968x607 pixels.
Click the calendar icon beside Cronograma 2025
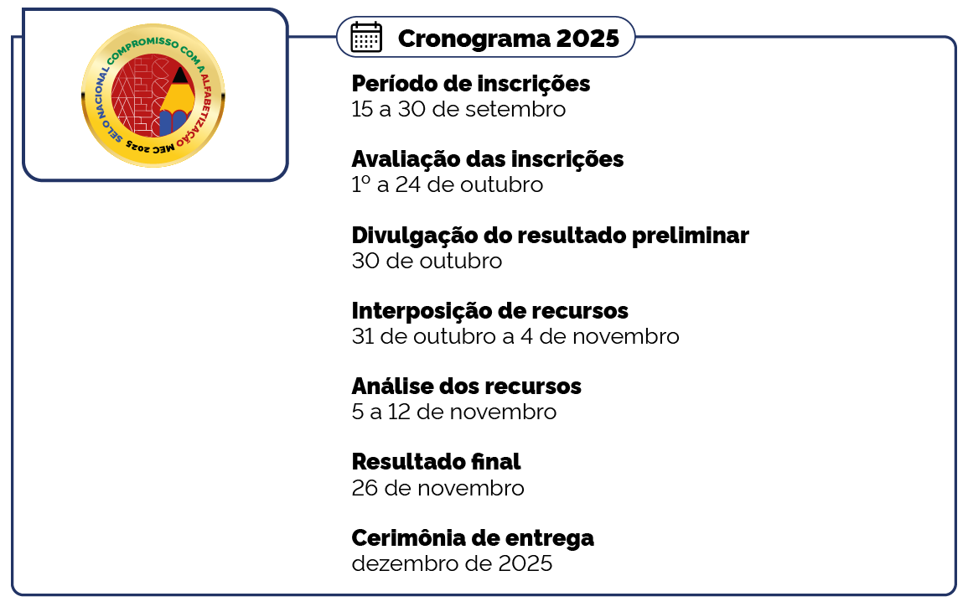[x=366, y=37]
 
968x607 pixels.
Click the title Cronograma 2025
[x=508, y=39]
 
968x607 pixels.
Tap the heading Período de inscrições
[x=470, y=83]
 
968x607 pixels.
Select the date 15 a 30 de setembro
[x=458, y=109]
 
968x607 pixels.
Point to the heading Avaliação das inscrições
[x=488, y=159]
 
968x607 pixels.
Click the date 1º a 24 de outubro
[x=448, y=184]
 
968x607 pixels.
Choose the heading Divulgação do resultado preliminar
[x=550, y=236]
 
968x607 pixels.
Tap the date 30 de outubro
[x=427, y=261]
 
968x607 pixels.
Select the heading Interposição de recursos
[x=489, y=310]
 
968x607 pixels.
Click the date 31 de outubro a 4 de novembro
[x=515, y=336]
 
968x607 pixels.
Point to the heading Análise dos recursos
[x=466, y=386]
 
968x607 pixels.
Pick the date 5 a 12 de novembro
[x=453, y=412]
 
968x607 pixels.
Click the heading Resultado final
[x=436, y=462]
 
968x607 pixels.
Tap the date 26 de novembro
[x=437, y=488]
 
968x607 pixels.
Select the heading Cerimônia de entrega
[x=473, y=538]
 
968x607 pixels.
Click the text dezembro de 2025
[x=452, y=563]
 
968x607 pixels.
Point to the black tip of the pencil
[x=179, y=75]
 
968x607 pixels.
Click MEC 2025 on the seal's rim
[x=150, y=148]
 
